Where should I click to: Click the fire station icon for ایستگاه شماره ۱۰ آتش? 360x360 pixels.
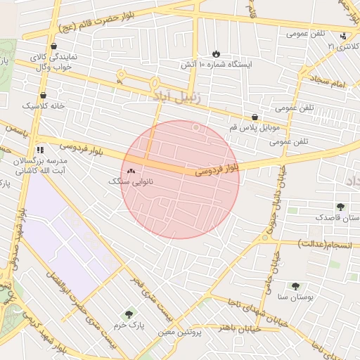point(216,53)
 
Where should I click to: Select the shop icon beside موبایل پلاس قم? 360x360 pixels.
point(255,117)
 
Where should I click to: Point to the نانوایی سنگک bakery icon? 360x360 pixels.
point(131,171)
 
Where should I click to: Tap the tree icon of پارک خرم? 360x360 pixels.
point(128,314)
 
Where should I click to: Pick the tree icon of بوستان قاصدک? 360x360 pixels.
point(341,207)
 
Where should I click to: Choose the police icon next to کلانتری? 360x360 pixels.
point(342,36)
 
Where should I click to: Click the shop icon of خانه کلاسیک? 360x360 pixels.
point(44,95)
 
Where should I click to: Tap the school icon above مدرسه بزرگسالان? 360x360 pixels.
point(40,149)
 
